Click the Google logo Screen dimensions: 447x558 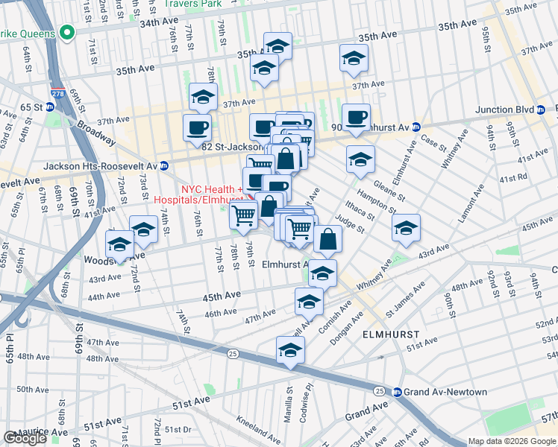pyautogui.click(x=25, y=438)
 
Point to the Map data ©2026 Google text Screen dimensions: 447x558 pyautogui.click(x=512, y=441)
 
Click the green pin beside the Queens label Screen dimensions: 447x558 pyautogui.click(x=66, y=34)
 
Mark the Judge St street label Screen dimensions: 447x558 pyautogui.click(x=350, y=223)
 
